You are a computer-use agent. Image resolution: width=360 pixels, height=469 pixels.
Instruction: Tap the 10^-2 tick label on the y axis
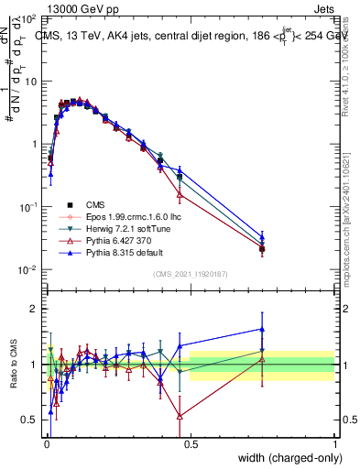27,269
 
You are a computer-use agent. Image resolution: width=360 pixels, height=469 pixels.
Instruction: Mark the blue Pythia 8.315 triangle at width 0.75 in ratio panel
263,330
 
